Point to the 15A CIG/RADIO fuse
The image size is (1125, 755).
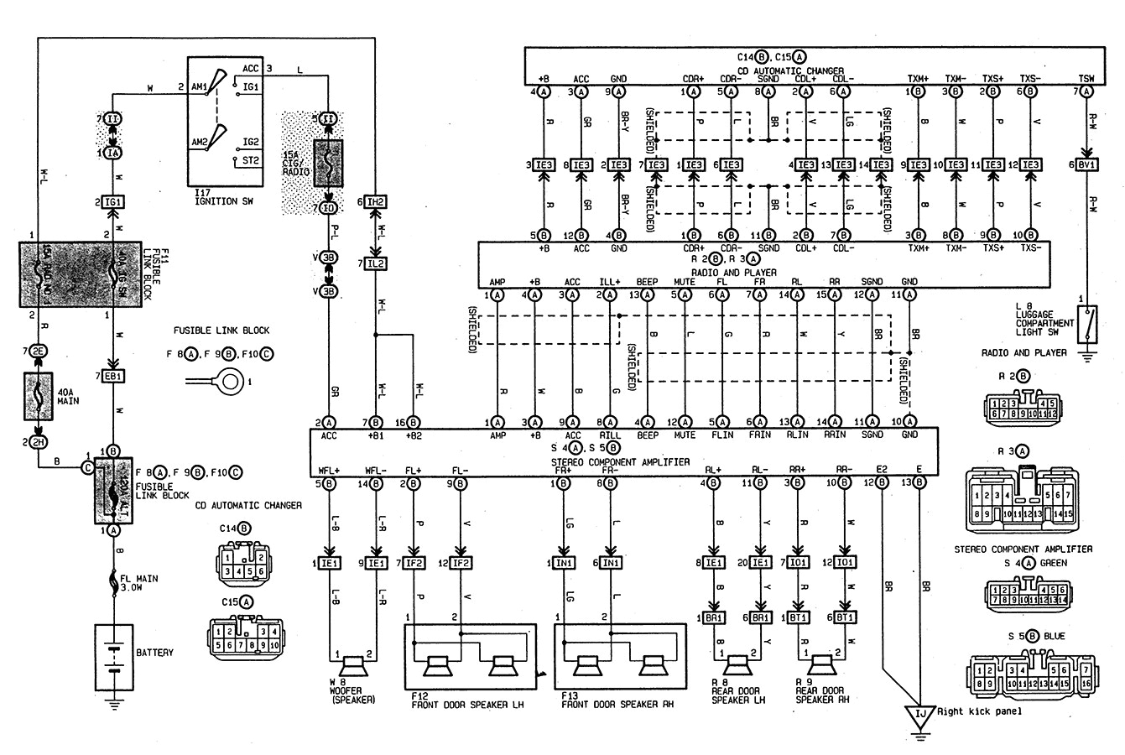[x=329, y=161]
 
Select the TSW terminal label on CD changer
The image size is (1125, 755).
[x=1086, y=79]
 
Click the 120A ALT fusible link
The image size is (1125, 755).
[x=114, y=491]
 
